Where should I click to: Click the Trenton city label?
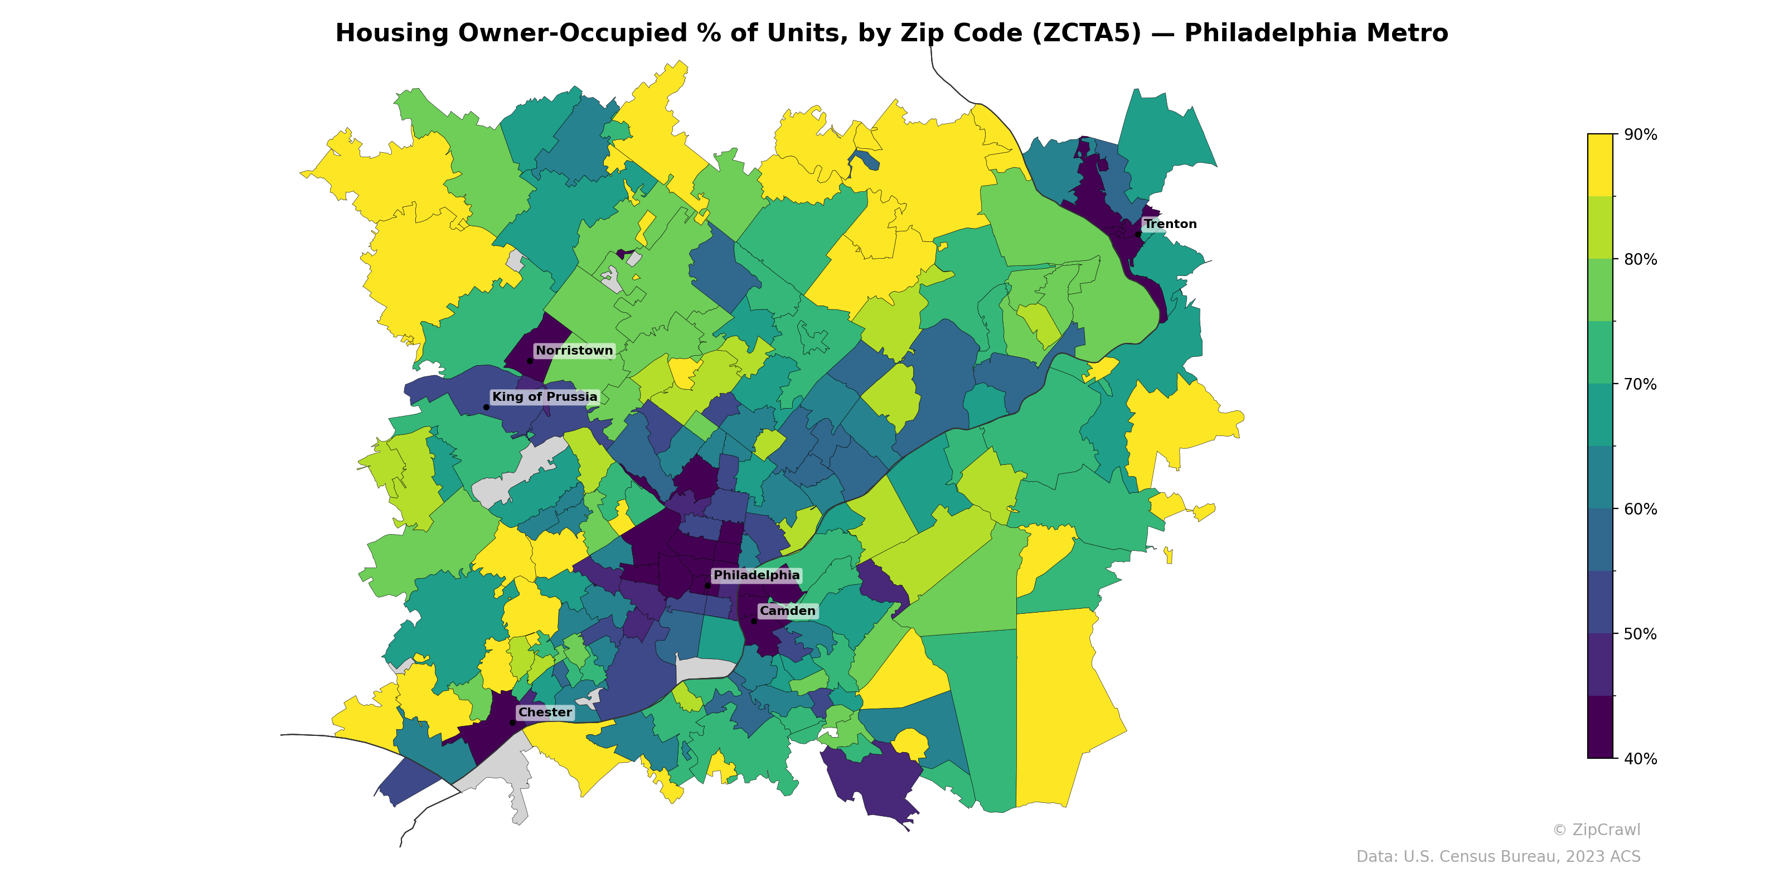1170,224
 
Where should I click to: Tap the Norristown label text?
574,351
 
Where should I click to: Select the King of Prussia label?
544,397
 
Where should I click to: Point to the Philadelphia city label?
757,575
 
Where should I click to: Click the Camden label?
787,611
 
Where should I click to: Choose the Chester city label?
545,712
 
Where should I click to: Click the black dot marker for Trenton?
1138,234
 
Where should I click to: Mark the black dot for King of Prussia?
486,407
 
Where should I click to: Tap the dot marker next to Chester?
512,723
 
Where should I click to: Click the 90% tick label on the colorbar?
1641,134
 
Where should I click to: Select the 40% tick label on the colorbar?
1641,758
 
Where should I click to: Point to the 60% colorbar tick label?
1641,509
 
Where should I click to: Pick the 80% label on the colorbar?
1641,259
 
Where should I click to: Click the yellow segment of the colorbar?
1600,165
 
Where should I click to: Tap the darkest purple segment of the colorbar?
1600,727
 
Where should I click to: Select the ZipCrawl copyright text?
1596,830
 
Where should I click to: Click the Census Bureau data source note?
1498,857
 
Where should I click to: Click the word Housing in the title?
392,33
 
